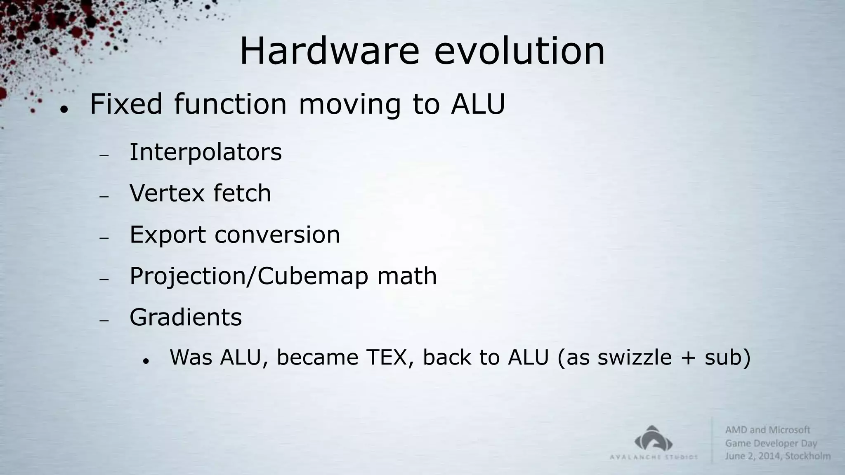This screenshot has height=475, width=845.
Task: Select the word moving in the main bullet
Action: pyautogui.click(x=349, y=104)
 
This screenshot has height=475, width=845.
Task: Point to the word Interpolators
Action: pyautogui.click(x=205, y=152)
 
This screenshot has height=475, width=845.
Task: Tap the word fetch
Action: pyautogui.click(x=242, y=193)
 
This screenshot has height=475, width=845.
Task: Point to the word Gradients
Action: pyautogui.click(x=186, y=317)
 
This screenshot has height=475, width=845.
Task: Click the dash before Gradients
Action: pyautogui.click(x=104, y=320)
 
